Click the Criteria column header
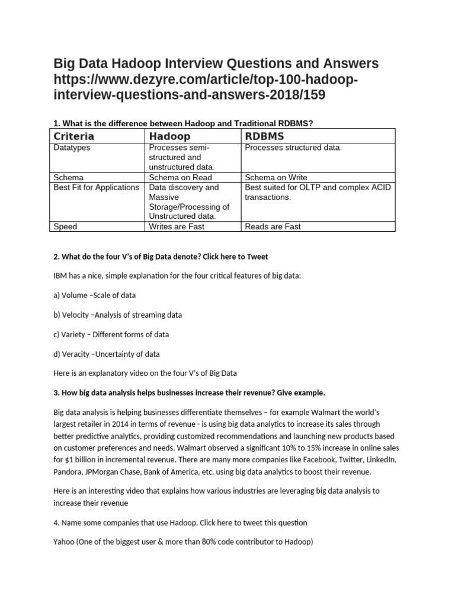(74, 136)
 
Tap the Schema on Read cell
(180, 177)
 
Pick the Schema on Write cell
(275, 177)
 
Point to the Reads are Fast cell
(273, 226)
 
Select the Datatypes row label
(72, 148)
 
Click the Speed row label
(65, 226)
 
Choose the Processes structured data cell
(293, 148)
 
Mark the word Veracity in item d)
(76, 354)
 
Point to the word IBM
(61, 276)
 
